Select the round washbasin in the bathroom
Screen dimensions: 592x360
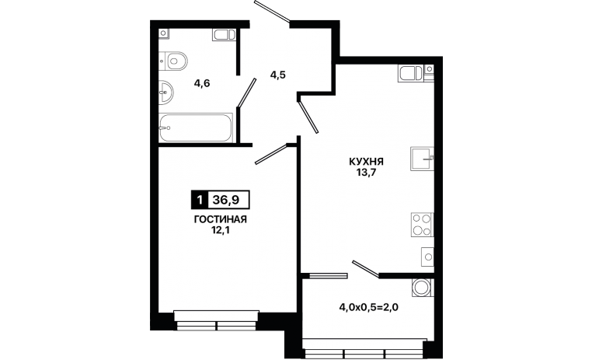point(165,92)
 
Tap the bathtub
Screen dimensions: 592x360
point(196,128)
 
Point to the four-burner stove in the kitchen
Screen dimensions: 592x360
point(422,225)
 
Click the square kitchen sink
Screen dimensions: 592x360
point(422,159)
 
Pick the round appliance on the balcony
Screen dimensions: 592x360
point(422,288)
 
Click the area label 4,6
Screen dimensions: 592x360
point(202,83)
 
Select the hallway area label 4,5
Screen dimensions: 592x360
point(277,75)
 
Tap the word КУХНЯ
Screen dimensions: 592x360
point(366,162)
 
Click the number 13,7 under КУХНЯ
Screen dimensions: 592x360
point(366,173)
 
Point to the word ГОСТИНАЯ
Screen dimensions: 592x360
point(221,219)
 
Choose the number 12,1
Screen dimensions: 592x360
point(221,230)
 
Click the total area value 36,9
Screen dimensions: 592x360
point(226,199)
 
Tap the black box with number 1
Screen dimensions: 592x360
point(200,199)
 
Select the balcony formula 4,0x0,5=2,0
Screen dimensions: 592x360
point(369,307)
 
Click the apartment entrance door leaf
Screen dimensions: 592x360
point(272,11)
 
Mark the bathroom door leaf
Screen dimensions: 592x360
point(247,93)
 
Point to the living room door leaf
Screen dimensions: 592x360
point(271,155)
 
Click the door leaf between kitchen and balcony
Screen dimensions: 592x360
point(365,269)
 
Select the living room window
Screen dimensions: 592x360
point(216,320)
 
